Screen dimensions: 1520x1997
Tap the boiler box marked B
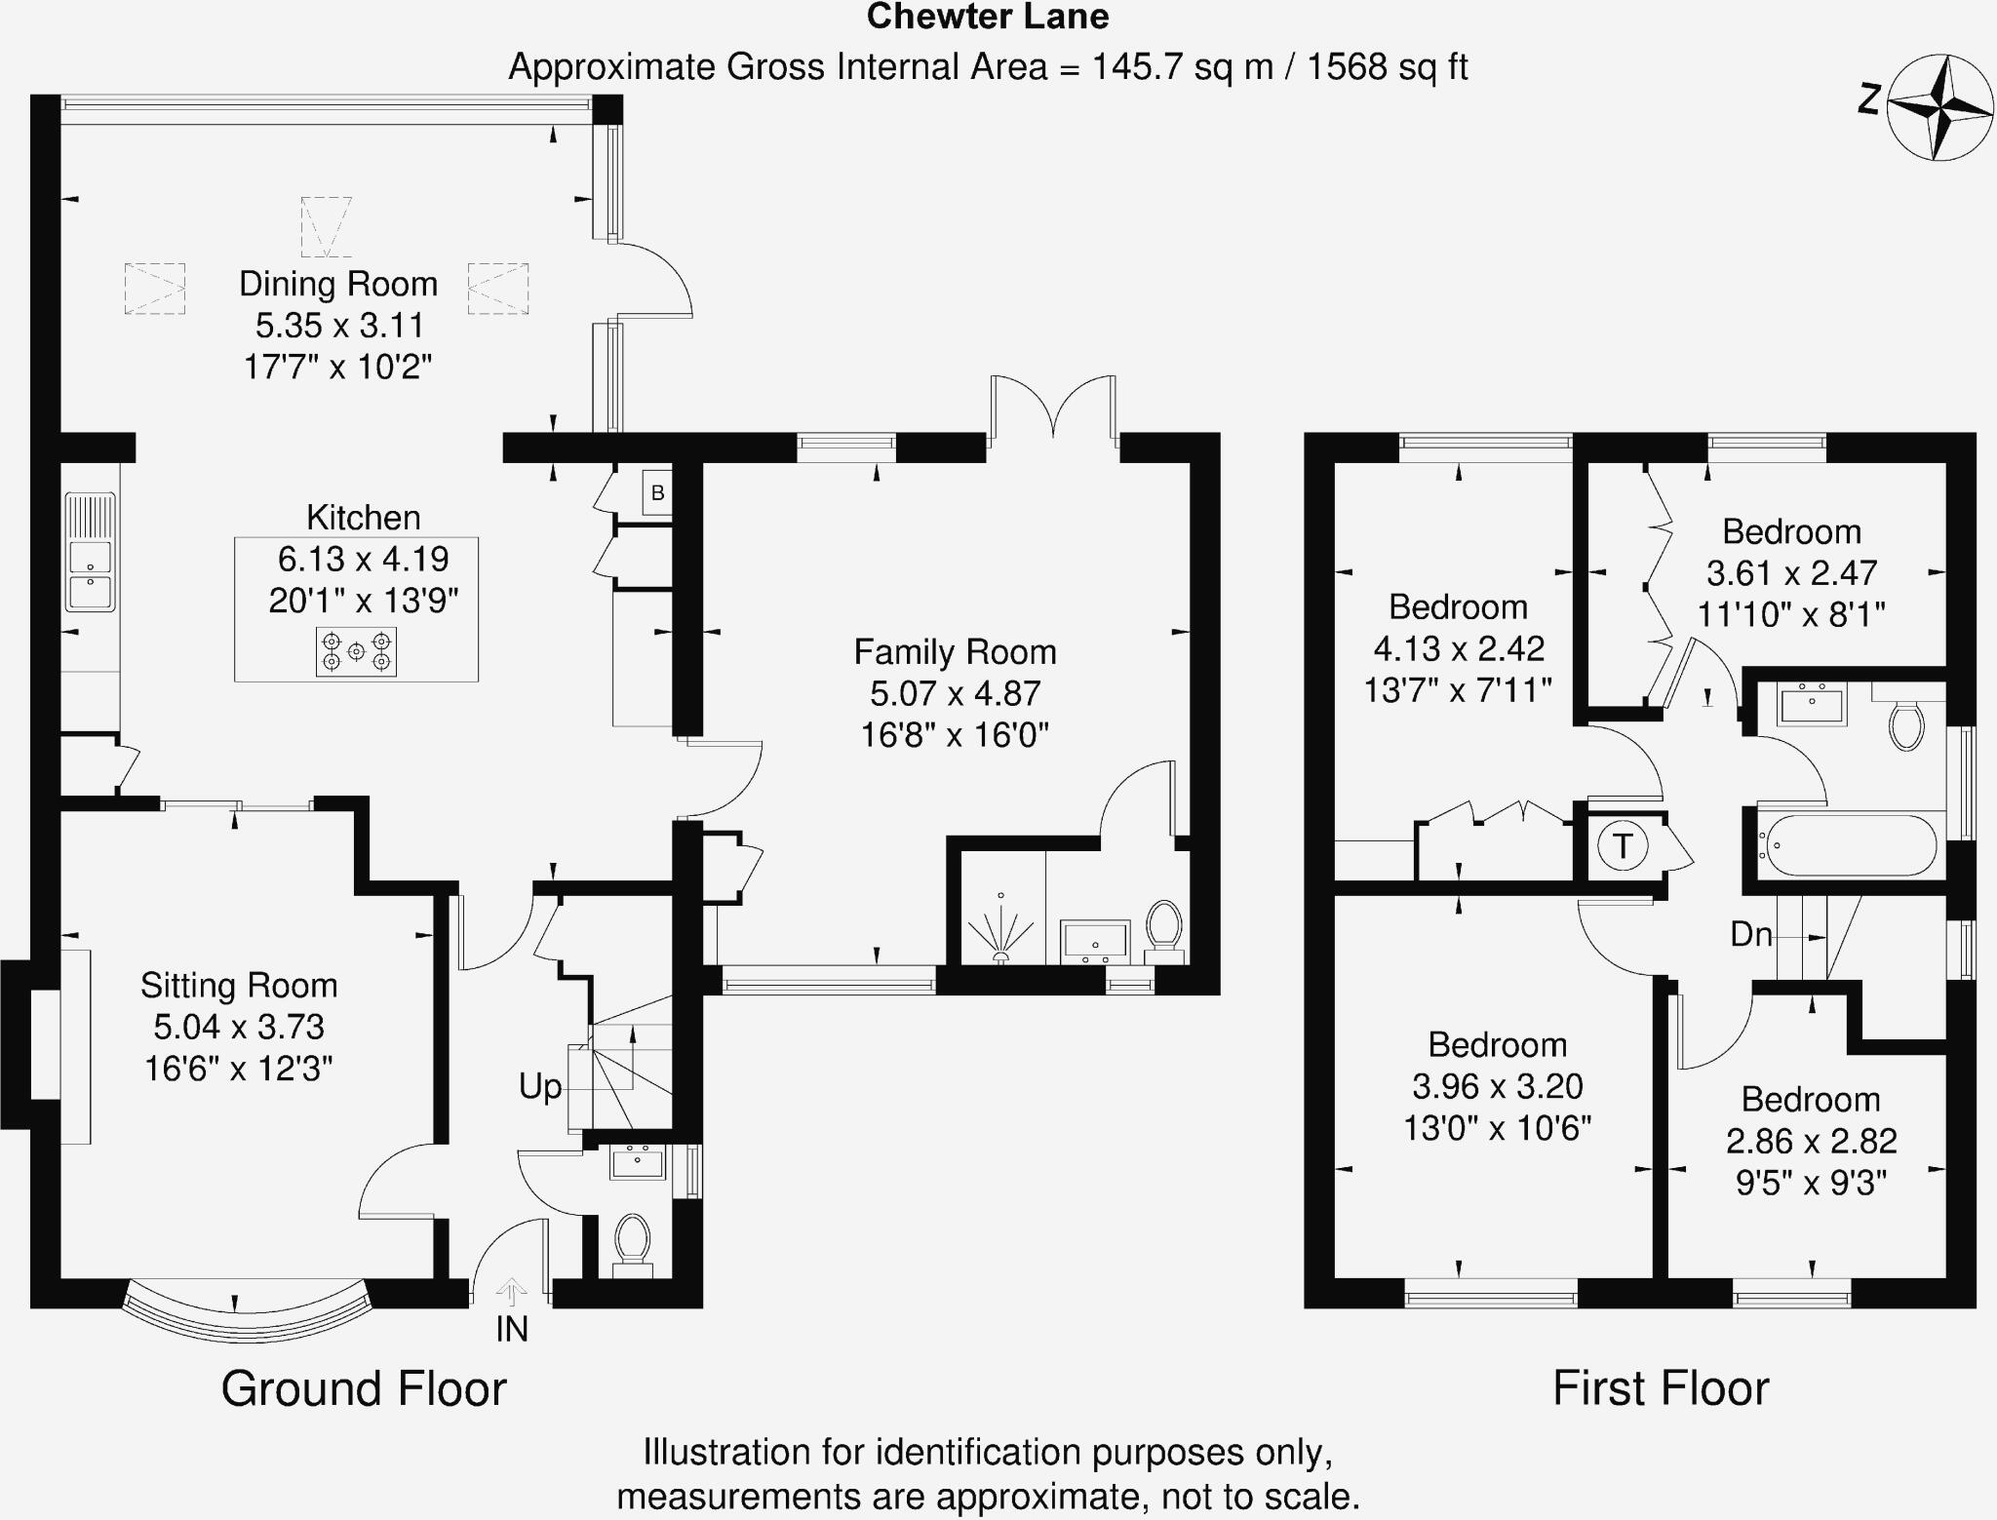pyautogui.click(x=657, y=492)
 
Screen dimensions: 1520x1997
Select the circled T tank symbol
pyautogui.click(x=1623, y=845)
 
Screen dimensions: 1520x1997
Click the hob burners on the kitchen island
pyautogui.click(x=356, y=651)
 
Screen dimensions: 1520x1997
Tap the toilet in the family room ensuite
pyautogui.click(x=1163, y=926)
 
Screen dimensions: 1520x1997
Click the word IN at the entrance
pyautogui.click(x=512, y=1329)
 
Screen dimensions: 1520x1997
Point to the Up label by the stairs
pyautogui.click(x=540, y=1086)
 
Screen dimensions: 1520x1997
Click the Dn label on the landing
pyautogui.click(x=1750, y=935)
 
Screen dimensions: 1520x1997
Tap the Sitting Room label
pyautogui.click(x=239, y=986)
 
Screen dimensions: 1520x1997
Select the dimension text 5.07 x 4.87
pyautogui.click(x=955, y=693)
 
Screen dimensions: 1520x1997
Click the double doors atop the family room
pyautogui.click(x=1053, y=409)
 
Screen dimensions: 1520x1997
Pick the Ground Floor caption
pyautogui.click(x=364, y=1388)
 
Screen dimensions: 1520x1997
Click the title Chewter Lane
pyautogui.click(x=987, y=17)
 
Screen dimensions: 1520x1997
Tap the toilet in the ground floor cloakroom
pyautogui.click(x=633, y=1240)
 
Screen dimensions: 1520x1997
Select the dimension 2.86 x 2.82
pyautogui.click(x=1811, y=1141)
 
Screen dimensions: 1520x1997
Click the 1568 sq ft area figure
pyautogui.click(x=1386, y=67)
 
